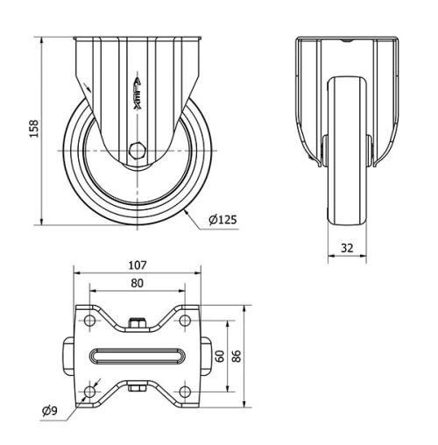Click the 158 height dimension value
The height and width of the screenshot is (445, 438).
point(33,130)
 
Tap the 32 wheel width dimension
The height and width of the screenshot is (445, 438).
point(347,248)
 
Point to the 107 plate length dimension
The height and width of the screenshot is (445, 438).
point(136,264)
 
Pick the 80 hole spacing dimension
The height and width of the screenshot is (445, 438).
point(136,283)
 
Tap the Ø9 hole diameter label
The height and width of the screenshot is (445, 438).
point(51,410)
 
